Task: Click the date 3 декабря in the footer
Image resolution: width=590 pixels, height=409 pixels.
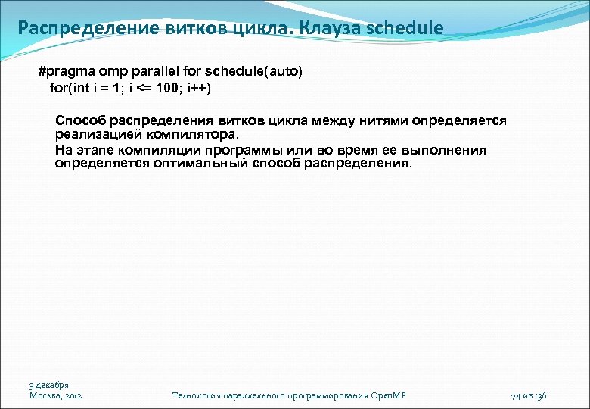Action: coord(50,385)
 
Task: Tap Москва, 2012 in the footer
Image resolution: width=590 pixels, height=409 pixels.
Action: coord(56,395)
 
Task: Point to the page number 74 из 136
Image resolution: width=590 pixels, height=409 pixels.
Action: coord(529,395)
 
